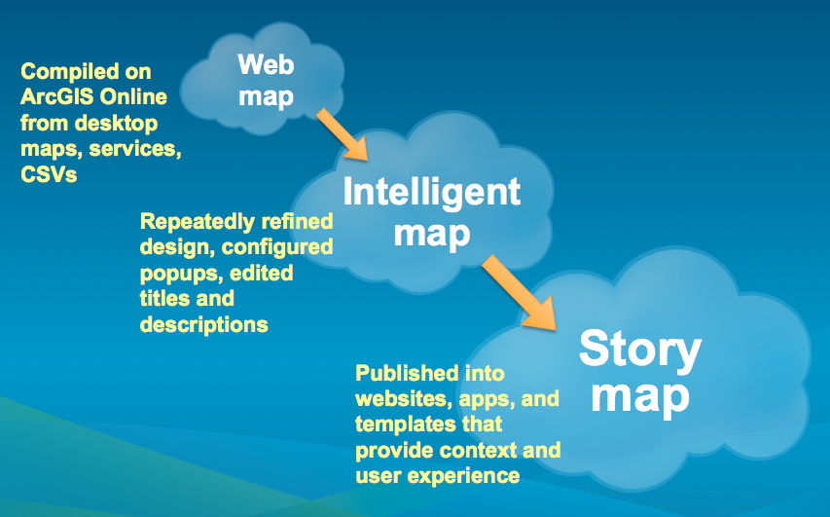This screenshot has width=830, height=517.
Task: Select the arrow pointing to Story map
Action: point(522,292)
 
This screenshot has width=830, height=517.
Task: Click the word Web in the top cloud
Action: point(266,65)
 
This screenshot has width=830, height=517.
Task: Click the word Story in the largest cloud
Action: point(639,349)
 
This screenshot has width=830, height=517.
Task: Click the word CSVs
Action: point(48,174)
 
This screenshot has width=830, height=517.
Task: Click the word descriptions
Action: point(204,324)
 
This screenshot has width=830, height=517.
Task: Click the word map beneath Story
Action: point(641,395)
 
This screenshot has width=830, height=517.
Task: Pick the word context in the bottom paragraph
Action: point(474,451)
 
